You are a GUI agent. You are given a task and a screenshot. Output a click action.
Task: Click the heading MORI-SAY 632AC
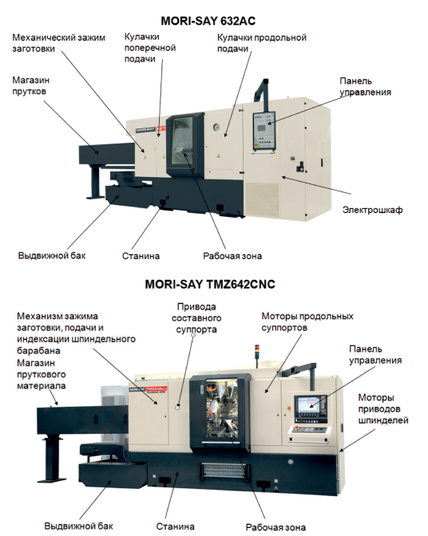208,22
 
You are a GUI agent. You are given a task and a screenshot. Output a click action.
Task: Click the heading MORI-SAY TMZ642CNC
210,285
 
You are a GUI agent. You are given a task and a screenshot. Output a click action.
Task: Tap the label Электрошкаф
372,210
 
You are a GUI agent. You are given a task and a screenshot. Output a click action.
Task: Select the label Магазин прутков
31,86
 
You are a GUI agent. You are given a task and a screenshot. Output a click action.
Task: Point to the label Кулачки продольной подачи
262,43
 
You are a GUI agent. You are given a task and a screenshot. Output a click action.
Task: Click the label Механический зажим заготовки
59,43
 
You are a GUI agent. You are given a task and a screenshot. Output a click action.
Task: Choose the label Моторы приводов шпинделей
383,409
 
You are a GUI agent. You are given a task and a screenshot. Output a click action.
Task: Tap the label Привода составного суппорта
196,318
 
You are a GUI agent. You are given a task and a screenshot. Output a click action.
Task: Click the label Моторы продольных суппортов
307,322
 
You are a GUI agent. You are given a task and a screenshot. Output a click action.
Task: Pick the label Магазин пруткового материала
42,374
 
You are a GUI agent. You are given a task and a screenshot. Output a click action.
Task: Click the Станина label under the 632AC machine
141,256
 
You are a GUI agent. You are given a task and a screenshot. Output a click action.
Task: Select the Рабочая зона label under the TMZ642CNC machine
275,527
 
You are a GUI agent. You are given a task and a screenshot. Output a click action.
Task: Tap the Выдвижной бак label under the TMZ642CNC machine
78,526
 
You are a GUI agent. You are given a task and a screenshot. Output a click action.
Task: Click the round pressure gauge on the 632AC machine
216,127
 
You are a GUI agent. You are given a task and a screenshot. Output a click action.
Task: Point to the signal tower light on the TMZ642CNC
257,351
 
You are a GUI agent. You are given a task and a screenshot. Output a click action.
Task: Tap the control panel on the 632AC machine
264,131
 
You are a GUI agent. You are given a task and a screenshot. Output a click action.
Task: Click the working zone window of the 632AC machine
183,141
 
